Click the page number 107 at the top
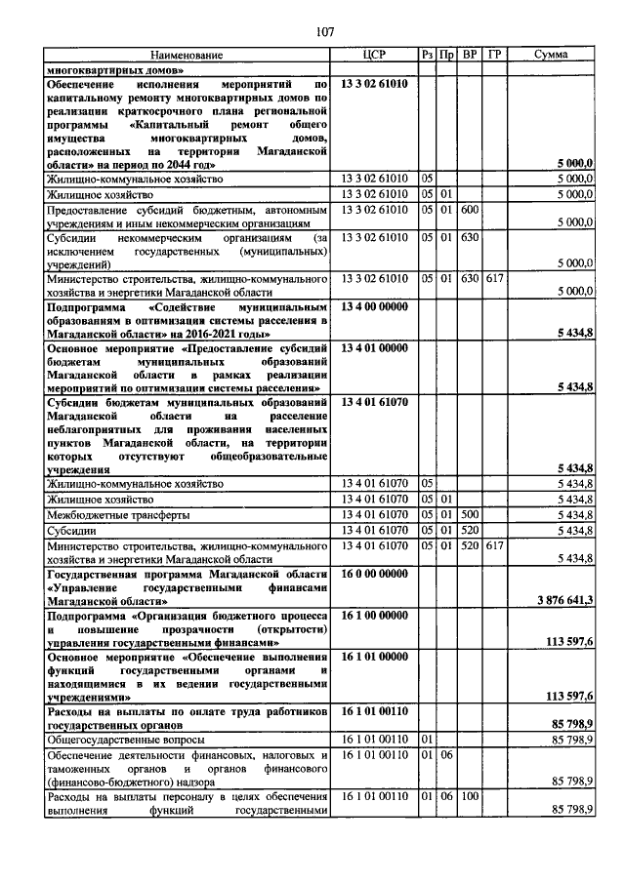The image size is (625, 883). pyautogui.click(x=325, y=32)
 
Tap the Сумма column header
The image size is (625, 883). pyautogui.click(x=553, y=56)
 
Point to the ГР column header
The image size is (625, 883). pyautogui.click(x=495, y=56)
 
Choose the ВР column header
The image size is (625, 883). pyautogui.click(x=470, y=56)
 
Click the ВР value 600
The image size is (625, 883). pyautogui.click(x=470, y=210)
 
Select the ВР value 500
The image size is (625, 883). pyautogui.click(x=470, y=513)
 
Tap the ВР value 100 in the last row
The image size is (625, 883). pyautogui.click(x=470, y=797)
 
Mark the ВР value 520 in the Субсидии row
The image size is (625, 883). pyautogui.click(x=470, y=529)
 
